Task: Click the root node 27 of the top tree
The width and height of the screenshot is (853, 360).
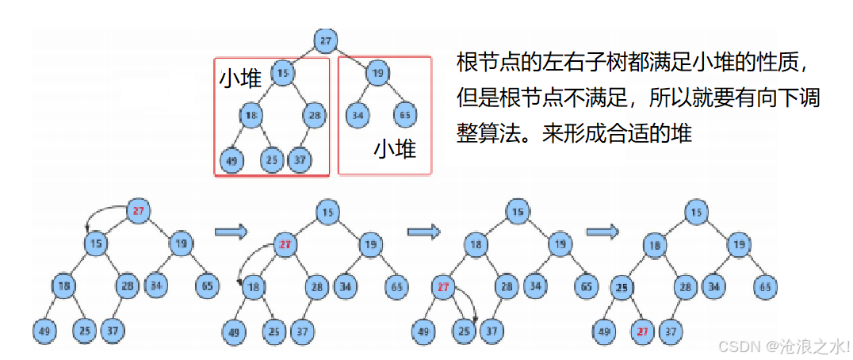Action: coord(326,40)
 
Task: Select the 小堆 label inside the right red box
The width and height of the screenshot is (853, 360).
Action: coord(395,148)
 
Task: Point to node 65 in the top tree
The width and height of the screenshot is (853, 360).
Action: coord(404,116)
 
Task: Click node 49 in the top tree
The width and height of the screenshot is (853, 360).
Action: coord(231,161)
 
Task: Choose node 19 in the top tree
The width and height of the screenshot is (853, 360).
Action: coord(378,74)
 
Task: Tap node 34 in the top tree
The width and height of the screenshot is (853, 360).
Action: coord(358,116)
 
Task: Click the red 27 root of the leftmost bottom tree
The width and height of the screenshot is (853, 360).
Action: coord(139,211)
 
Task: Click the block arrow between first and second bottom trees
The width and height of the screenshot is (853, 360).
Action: coord(231,232)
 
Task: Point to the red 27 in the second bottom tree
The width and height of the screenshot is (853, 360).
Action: coord(285,245)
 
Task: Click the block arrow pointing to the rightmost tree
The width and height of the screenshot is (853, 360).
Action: coord(602,232)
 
